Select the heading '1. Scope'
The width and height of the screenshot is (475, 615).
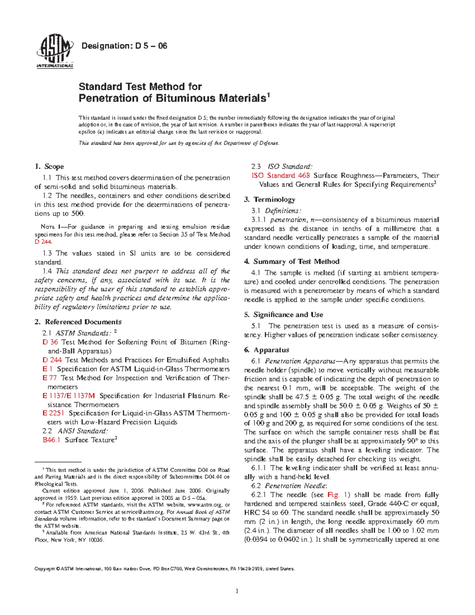coord(49,166)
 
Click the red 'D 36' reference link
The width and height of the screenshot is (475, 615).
coord(50,342)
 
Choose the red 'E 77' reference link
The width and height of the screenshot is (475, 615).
coord(49,378)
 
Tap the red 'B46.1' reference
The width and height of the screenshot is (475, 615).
coord(51,440)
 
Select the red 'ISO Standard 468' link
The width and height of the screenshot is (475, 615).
coord(281,175)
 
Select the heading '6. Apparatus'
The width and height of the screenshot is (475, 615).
coord(266,350)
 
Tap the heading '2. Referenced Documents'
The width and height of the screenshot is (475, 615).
coord(78,322)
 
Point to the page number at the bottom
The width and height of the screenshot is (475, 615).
coord(237,591)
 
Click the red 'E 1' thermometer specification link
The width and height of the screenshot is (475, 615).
coord(47,369)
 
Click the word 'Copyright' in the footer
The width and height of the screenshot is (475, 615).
coord(45,569)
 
